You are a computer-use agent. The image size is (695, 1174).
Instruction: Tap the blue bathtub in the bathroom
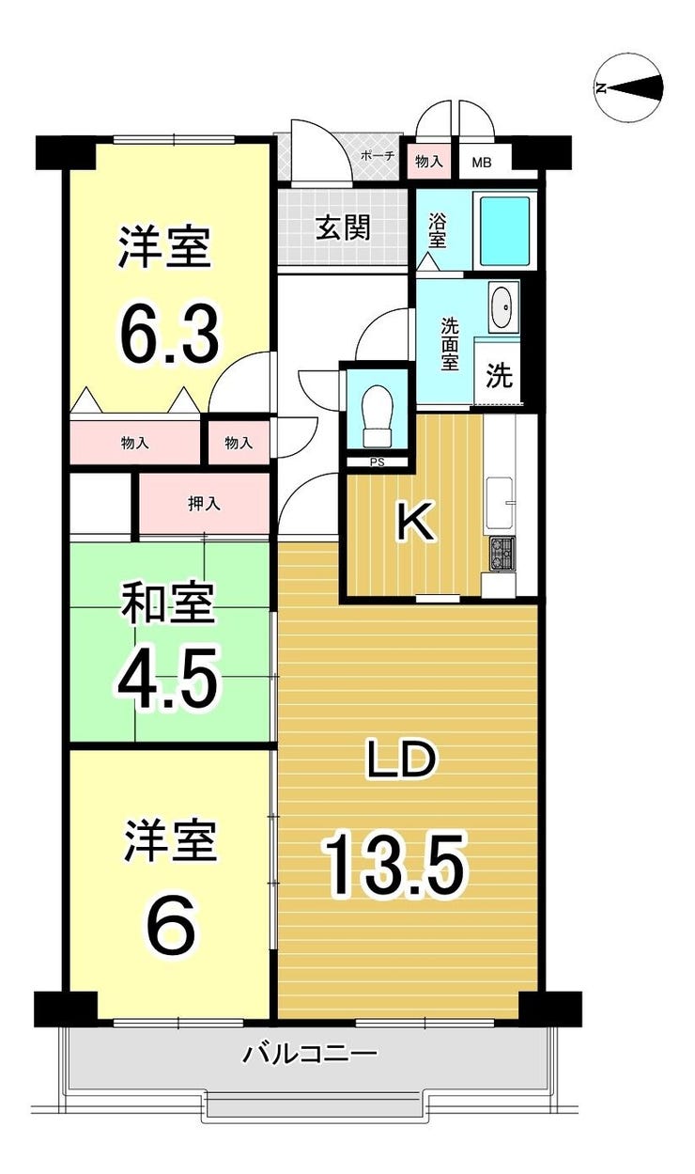tap(505, 230)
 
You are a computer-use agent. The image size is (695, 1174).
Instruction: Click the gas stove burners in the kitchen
tap(502, 554)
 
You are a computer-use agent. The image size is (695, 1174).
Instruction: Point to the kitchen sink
tap(502, 503)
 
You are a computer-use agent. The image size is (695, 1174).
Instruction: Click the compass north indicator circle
tap(628, 88)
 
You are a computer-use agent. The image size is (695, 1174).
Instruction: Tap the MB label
tap(481, 163)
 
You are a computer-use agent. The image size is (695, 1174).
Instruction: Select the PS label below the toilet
tap(378, 462)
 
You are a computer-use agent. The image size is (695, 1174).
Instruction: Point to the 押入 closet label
tap(204, 504)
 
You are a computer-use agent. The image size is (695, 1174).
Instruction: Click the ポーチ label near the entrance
tap(378, 156)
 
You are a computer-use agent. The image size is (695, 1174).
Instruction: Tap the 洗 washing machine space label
tap(498, 375)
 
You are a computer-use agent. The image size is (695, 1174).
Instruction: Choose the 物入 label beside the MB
tap(429, 162)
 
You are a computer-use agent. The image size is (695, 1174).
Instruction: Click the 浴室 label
tap(438, 229)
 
